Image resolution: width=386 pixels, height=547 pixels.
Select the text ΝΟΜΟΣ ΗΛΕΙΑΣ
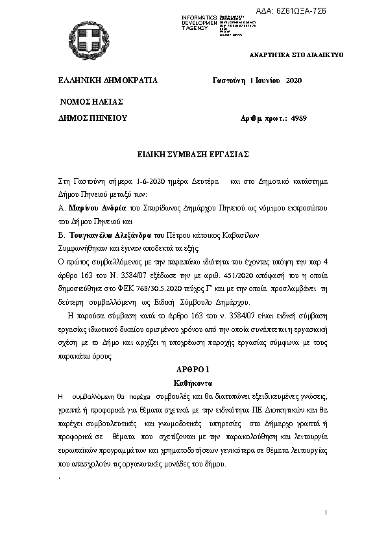coord(91,103)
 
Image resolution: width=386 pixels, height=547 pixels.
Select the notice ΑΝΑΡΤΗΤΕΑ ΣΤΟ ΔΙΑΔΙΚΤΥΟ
coord(296,55)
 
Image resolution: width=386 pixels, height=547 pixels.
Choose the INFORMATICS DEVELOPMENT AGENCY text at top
coord(200,22)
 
